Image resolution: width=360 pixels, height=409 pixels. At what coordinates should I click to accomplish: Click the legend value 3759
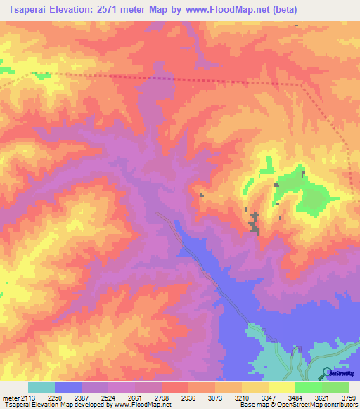pos(348,397)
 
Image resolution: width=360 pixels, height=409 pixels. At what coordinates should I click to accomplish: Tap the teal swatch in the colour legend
pos(41,387)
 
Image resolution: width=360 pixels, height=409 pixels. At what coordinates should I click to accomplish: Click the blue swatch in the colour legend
pos(68,387)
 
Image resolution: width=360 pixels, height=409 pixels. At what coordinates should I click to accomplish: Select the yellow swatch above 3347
pos(255,387)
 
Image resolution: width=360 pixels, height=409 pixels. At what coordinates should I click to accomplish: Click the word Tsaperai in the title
pos(28,10)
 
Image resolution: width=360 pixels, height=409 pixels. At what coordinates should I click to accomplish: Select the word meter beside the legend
pos(13,397)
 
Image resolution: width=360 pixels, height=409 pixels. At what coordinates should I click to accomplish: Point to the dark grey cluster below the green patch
pos(254,223)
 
